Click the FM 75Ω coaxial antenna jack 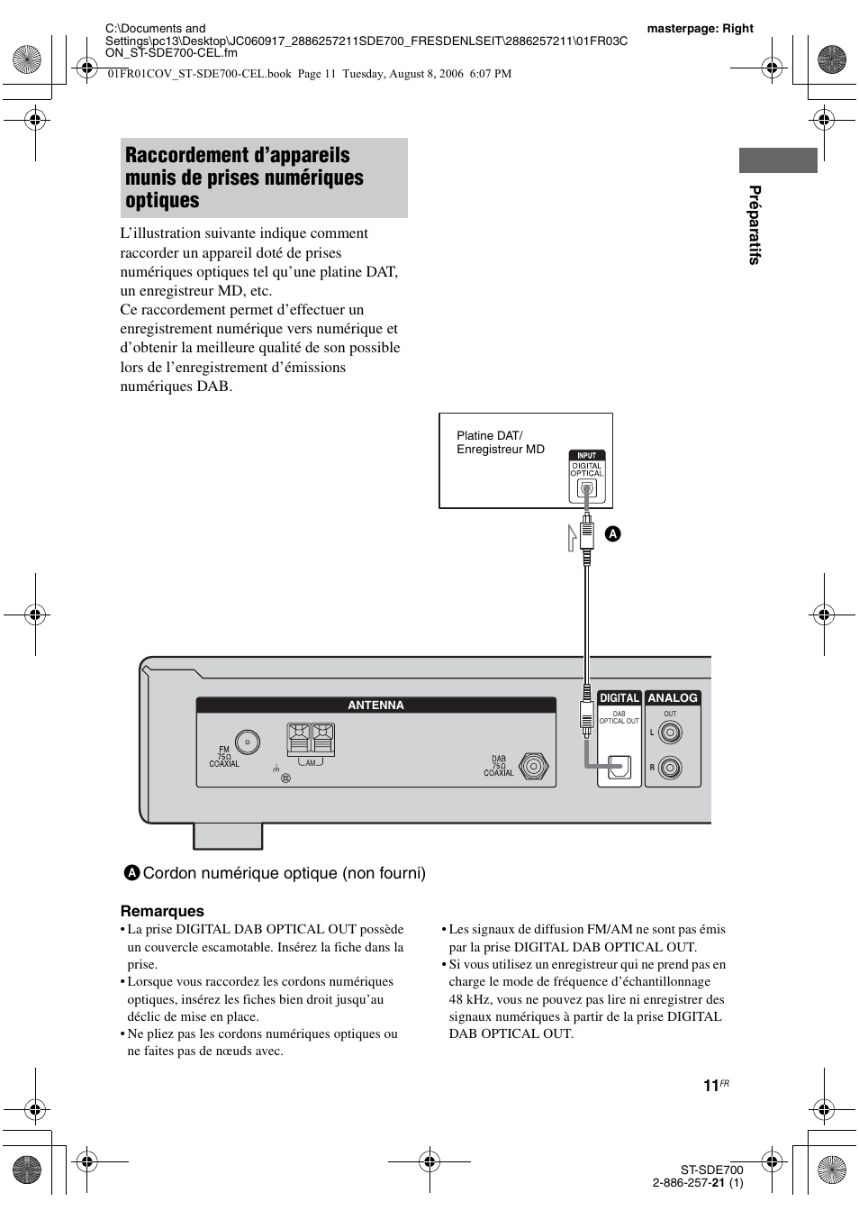248,742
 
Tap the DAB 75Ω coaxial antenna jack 535,767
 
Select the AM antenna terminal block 311,740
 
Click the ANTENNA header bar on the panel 375,706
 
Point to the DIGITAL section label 619,698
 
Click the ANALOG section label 673,698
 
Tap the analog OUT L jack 670,733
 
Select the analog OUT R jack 670,768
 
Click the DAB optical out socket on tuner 620,767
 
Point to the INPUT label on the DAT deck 586,455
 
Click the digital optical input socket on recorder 586,489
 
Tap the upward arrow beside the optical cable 572,536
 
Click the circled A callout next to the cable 612,534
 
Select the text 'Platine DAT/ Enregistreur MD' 501,442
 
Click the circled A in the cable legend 132,872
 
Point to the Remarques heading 162,911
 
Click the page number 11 710,1086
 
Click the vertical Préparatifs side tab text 755,225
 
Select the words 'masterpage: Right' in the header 700,28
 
